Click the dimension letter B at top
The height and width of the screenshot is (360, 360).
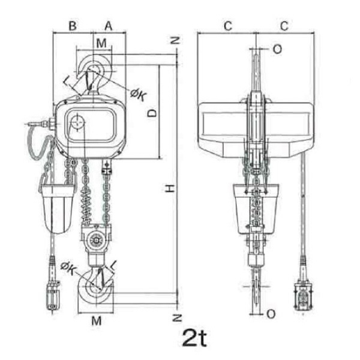[73, 26]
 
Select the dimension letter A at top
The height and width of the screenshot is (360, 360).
[109, 26]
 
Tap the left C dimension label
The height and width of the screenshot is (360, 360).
[228, 26]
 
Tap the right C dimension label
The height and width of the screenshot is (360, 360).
[284, 26]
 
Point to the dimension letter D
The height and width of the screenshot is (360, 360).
[152, 113]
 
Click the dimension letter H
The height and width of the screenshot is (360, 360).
[170, 188]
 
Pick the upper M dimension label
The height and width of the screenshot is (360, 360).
[101, 43]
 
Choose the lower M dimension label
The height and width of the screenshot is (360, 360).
[97, 321]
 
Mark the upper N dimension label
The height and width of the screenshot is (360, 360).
[177, 41]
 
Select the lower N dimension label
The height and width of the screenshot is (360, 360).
[177, 318]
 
